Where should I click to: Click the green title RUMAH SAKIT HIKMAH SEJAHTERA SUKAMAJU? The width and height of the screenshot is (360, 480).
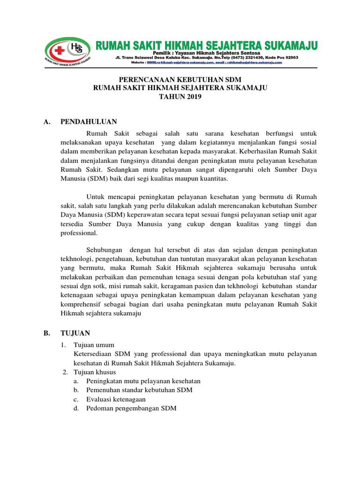pos(207,45)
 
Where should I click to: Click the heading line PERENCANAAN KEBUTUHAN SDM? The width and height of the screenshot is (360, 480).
pos(180,80)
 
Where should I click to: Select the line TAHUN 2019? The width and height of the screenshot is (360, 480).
pos(180,97)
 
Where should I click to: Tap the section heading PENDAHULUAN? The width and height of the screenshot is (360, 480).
pos(89,122)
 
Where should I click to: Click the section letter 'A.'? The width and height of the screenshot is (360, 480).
pos(46,122)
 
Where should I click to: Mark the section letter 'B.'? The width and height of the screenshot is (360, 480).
pos(46,333)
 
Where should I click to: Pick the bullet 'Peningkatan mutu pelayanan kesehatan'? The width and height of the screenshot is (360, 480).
pos(143,381)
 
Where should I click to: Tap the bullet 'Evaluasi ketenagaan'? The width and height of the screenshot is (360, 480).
pos(116,399)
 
